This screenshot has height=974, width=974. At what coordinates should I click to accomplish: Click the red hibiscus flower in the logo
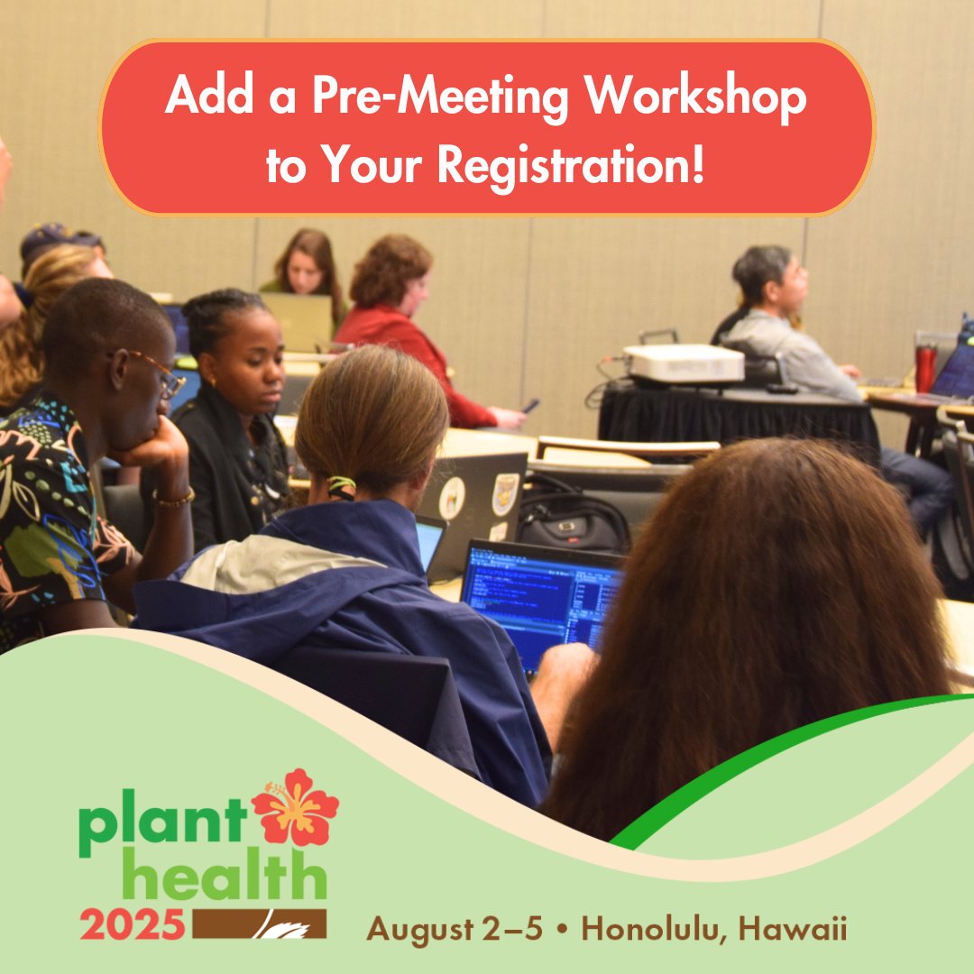click(295, 807)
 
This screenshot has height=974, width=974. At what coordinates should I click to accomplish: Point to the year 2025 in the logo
click(133, 924)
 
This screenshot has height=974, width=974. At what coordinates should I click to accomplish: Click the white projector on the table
click(685, 363)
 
